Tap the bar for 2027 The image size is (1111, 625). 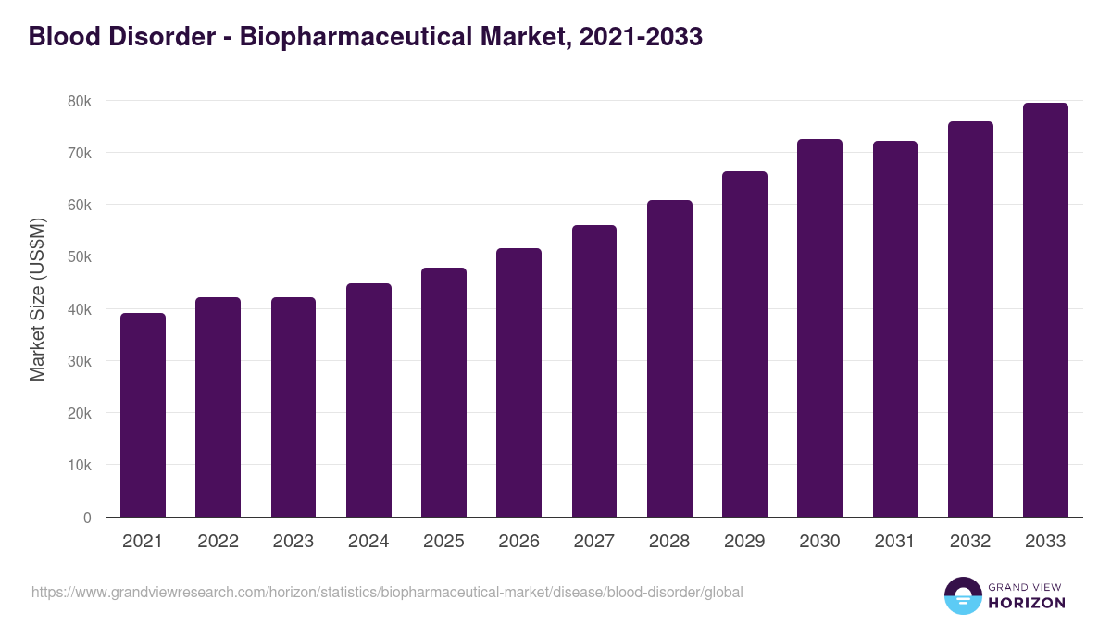[x=594, y=370]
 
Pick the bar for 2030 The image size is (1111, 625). [x=820, y=328]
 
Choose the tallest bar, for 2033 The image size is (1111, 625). [x=1045, y=310]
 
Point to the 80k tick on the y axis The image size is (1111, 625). [x=79, y=100]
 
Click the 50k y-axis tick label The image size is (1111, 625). [x=79, y=256]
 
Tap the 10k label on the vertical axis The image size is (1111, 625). [x=79, y=465]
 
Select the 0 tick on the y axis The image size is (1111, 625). [x=87, y=518]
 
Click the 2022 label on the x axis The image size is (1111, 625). [x=218, y=542]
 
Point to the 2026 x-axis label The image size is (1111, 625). [x=518, y=542]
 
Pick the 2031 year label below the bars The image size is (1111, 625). [x=895, y=542]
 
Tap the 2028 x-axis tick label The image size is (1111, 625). [x=669, y=542]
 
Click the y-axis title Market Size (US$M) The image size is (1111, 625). [x=37, y=299]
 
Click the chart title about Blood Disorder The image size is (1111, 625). [x=366, y=36]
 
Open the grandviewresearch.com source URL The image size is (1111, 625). [x=387, y=592]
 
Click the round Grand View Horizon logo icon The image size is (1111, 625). [x=962, y=595]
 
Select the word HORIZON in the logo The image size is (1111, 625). [x=1027, y=603]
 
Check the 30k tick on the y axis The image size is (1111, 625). [x=79, y=361]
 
